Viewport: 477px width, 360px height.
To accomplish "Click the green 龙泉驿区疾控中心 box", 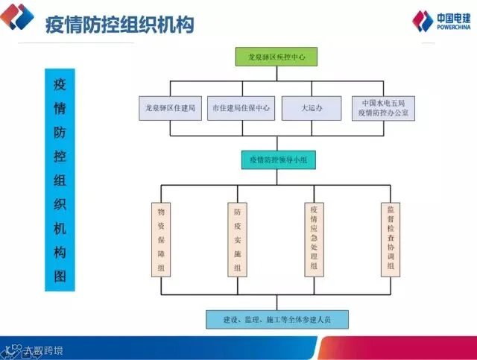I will [277, 56].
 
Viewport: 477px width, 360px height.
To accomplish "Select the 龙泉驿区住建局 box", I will [170, 108].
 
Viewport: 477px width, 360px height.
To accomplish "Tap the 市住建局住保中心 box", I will [241, 108].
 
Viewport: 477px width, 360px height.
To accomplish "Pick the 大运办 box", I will [311, 108].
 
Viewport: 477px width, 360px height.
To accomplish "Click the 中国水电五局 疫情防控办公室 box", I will [383, 108].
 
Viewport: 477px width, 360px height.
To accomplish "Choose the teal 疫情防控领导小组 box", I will [277, 160].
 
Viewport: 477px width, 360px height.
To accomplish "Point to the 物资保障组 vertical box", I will [161, 239].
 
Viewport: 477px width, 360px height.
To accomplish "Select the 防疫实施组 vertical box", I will [237, 239].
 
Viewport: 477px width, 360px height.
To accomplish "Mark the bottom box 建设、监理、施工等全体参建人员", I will [277, 320].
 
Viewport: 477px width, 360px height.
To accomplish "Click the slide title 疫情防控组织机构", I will [119, 25].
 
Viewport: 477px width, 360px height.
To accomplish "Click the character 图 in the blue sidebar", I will [60, 277].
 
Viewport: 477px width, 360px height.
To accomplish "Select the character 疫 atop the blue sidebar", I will [60, 83].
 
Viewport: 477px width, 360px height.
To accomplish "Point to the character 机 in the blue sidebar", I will [60, 228].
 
